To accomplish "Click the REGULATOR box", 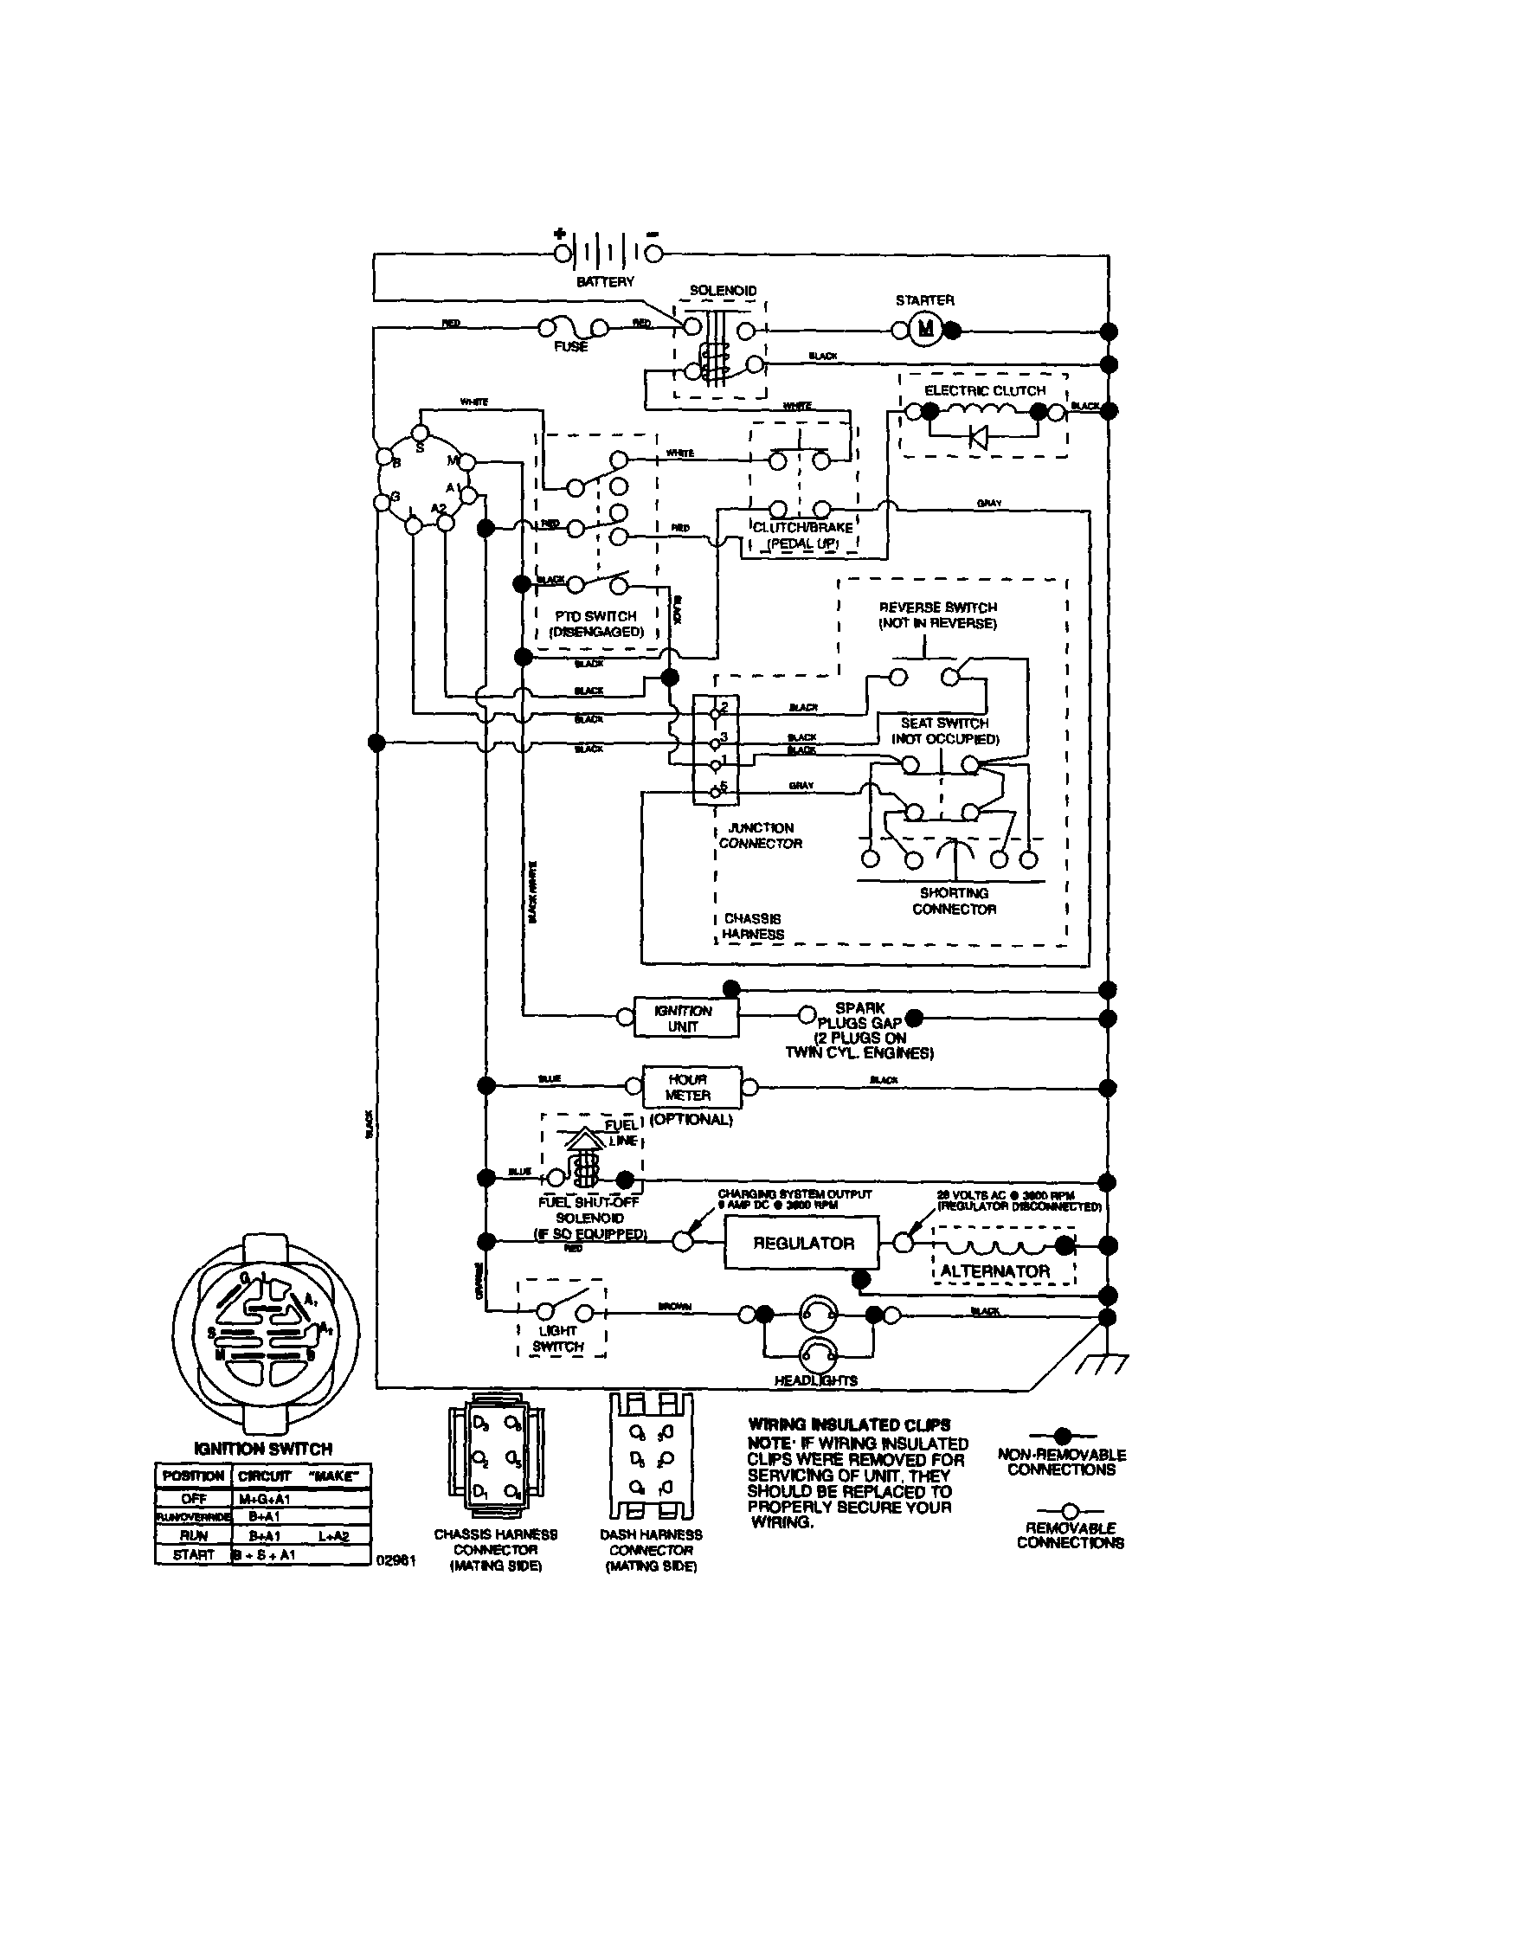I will [803, 1243].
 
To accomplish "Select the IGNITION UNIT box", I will [685, 1018].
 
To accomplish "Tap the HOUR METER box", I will [689, 1087].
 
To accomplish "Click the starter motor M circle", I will [926, 330].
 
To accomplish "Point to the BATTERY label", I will [605, 282].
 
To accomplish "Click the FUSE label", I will [570, 347].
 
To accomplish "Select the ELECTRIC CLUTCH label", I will [984, 390].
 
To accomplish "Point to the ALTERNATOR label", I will [995, 1271].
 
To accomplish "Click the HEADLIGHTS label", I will [815, 1380].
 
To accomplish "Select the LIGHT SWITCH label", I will [558, 1339].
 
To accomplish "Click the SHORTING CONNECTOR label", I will [954, 901].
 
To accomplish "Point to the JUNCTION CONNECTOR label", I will [761, 835].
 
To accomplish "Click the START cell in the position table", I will [193, 1554].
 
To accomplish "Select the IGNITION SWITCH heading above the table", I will [262, 1449].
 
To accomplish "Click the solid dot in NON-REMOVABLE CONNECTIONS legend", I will [1062, 1435].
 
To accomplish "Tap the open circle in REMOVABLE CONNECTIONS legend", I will [1070, 1511].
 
